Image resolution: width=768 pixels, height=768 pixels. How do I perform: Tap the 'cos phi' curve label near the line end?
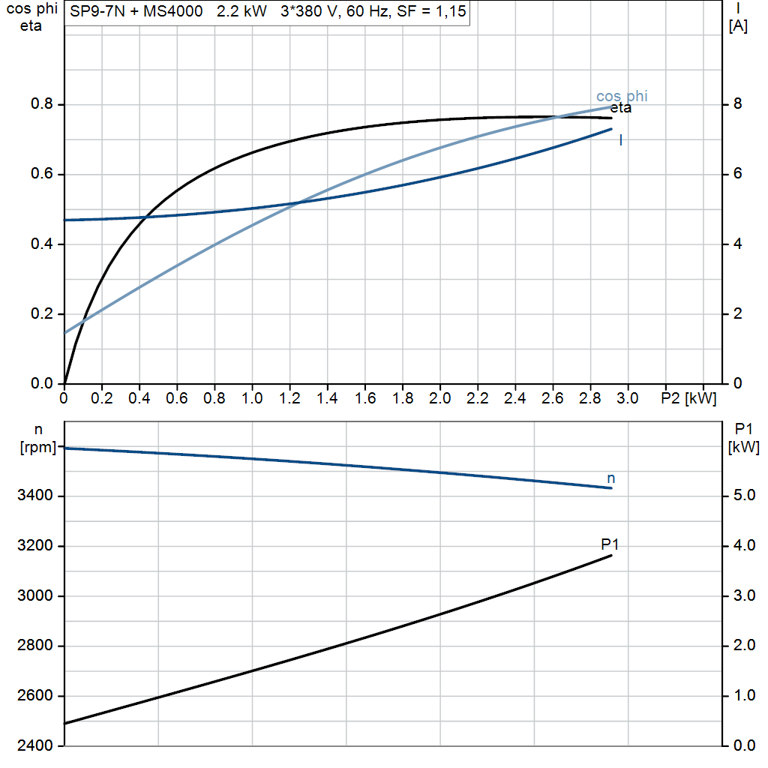(622, 96)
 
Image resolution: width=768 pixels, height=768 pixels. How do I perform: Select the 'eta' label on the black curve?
(620, 108)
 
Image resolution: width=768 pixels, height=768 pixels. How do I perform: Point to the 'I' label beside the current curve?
(621, 139)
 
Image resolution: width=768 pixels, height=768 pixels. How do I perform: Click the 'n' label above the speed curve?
(611, 478)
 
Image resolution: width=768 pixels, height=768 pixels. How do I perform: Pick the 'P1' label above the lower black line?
(610, 544)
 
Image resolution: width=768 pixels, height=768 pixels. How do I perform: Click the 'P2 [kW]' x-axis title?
(688, 397)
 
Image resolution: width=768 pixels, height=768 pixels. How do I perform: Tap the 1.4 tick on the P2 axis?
(327, 397)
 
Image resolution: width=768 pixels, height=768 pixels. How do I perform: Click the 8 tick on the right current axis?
(738, 104)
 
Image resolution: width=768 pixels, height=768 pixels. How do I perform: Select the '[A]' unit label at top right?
(738, 27)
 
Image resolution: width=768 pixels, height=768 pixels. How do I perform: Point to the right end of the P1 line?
(612, 555)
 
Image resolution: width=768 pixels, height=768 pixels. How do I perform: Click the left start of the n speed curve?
(66, 448)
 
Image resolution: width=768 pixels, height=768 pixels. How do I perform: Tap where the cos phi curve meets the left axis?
(65, 332)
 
